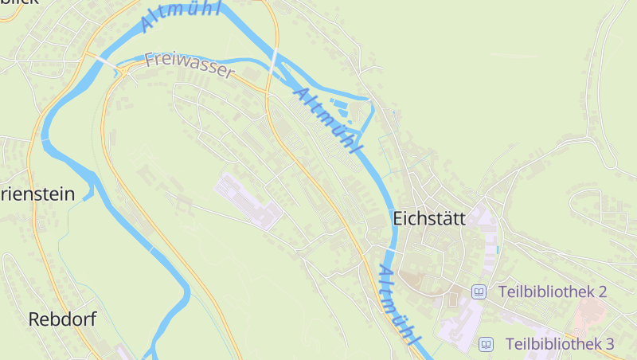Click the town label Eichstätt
click(428, 218)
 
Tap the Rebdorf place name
click(62, 319)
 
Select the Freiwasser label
click(190, 66)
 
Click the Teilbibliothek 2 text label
click(552, 292)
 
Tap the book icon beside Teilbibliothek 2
click(479, 292)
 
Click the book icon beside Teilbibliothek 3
click(485, 344)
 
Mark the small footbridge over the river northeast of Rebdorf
click(151, 248)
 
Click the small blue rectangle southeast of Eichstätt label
click(498, 249)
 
